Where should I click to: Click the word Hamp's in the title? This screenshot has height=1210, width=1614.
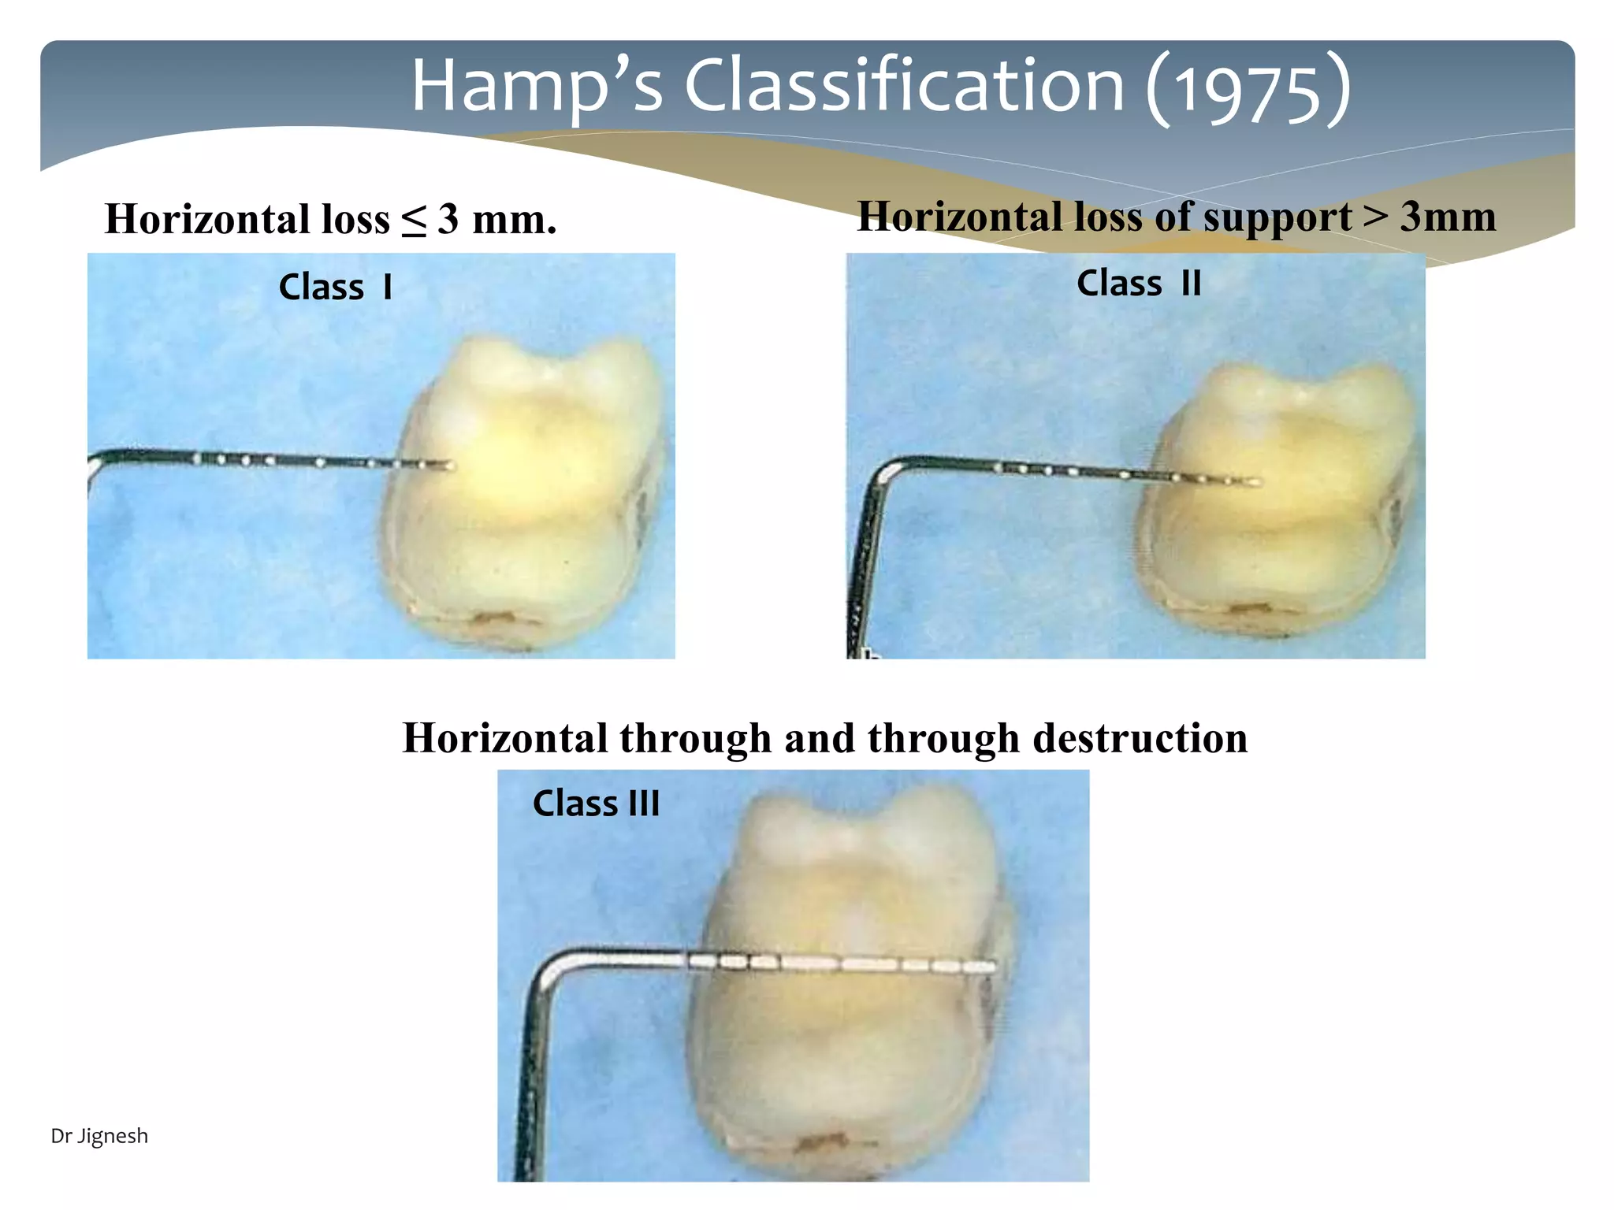(536, 87)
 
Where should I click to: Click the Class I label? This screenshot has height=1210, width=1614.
(336, 287)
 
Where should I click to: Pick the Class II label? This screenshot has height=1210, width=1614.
(1139, 283)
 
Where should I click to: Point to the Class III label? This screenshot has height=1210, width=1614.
(596, 804)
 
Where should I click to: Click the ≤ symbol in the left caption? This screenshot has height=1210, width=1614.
(414, 220)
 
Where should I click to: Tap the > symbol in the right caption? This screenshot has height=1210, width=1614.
(1376, 215)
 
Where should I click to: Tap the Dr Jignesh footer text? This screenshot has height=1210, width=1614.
(99, 1136)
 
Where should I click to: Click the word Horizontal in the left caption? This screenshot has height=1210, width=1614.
(207, 220)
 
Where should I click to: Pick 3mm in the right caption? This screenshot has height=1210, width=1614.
(1448, 217)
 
